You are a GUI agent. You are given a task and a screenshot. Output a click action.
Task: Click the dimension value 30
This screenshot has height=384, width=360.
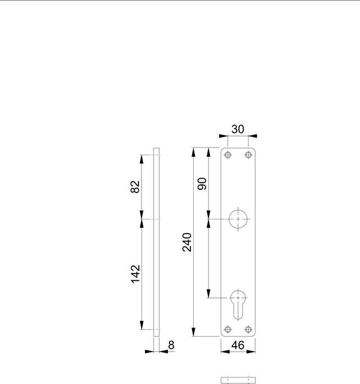[x=238, y=129]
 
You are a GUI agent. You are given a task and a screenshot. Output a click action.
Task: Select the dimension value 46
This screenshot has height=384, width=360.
[x=238, y=347]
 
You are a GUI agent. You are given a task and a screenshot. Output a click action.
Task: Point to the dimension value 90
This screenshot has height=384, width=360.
[x=201, y=184]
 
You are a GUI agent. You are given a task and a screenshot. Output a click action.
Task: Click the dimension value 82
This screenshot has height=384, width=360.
[x=136, y=187]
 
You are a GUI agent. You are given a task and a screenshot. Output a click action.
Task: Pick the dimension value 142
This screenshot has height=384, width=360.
[x=136, y=274]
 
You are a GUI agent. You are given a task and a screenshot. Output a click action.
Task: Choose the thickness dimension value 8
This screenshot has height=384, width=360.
[x=171, y=345]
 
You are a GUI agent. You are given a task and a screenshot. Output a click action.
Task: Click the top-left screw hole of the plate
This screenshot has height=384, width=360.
[x=228, y=155]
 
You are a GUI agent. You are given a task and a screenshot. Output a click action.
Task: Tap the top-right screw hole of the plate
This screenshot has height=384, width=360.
[x=248, y=155]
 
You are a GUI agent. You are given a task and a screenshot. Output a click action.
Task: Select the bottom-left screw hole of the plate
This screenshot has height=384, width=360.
[x=228, y=330]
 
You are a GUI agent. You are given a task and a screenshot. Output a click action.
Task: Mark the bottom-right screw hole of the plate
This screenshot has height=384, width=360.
[x=248, y=330]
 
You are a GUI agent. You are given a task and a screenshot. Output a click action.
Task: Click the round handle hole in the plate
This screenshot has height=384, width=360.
[x=238, y=218]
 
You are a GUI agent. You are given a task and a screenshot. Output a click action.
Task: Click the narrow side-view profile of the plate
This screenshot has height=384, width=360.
[x=156, y=241]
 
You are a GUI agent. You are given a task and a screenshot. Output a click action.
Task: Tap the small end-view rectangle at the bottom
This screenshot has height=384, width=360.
[x=238, y=380]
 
